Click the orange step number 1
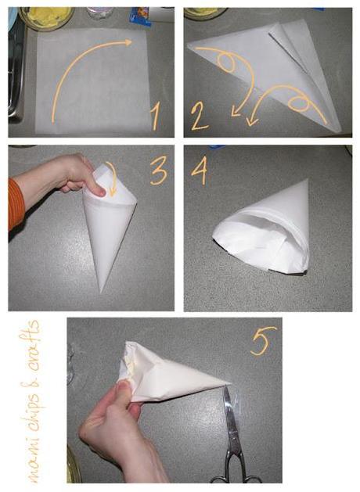click(156, 117)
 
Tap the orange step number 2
click(199, 117)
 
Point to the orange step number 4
click(198, 171)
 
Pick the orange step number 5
click(263, 341)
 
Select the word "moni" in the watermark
click(36, 461)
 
